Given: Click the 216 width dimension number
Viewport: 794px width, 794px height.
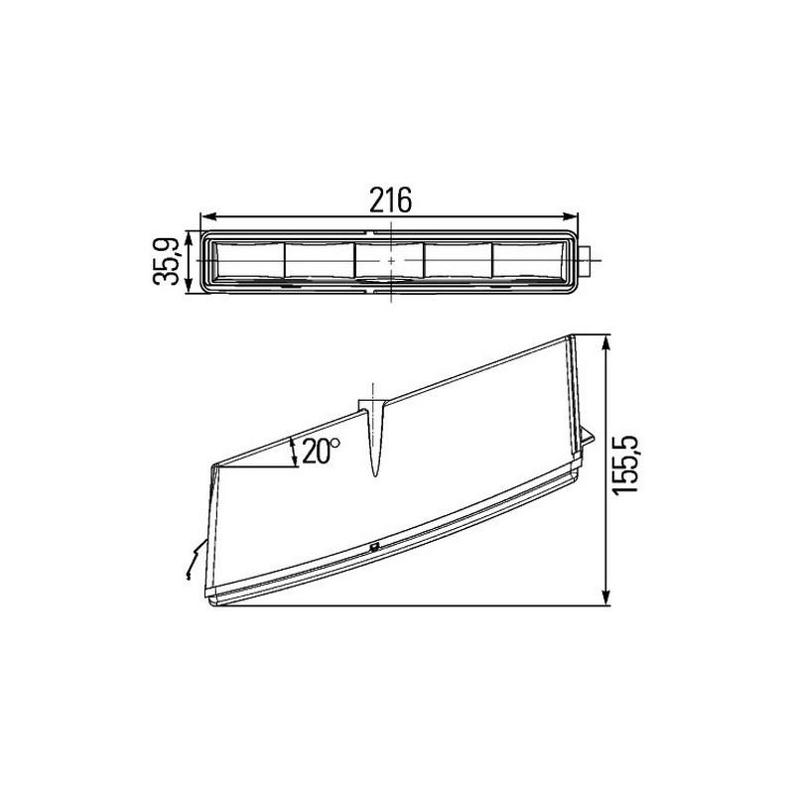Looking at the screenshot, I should pyautogui.click(x=390, y=199).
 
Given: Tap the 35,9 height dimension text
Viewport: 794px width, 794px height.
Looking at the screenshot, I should pyautogui.click(x=168, y=261).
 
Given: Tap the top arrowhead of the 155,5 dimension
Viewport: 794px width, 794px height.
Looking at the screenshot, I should pyautogui.click(x=606, y=340).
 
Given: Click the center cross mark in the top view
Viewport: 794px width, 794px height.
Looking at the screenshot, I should pyautogui.click(x=391, y=261).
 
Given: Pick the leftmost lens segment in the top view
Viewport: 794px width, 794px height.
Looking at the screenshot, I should pyautogui.click(x=249, y=261).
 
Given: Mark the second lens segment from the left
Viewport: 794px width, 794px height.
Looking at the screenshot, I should pyautogui.click(x=320, y=261).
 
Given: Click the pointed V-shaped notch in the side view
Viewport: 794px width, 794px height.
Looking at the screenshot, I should pyautogui.click(x=374, y=437).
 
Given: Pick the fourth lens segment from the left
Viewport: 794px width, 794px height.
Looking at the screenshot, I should pyautogui.click(x=460, y=261).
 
